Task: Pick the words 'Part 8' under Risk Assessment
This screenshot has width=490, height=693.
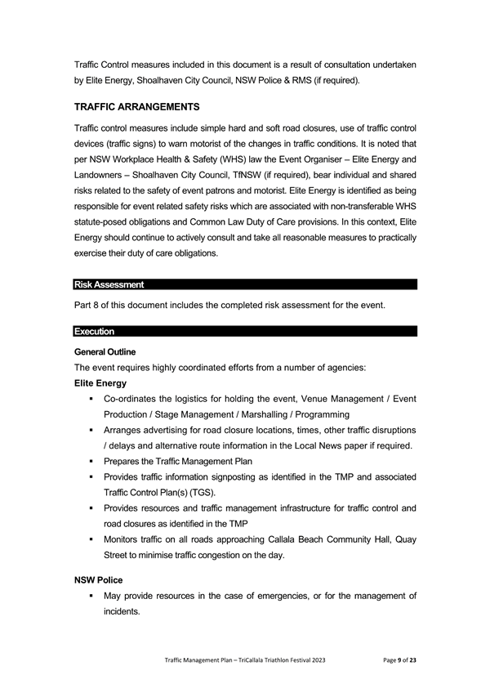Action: point(88,306)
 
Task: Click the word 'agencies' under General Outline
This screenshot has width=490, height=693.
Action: point(350,367)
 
